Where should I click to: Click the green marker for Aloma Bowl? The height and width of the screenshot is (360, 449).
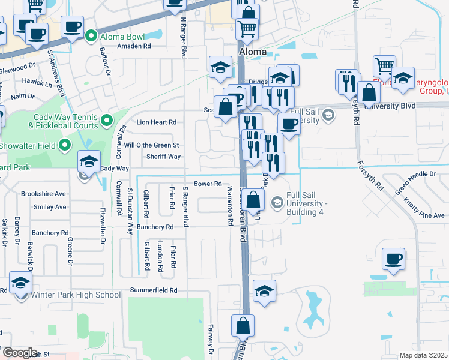(x=91, y=36)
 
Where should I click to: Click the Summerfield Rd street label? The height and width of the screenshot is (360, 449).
(x=154, y=290)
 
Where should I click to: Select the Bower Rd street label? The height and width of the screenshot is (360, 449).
(x=208, y=184)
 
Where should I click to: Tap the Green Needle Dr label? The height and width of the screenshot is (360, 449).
(x=415, y=173)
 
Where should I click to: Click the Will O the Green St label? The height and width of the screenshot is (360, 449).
(x=151, y=145)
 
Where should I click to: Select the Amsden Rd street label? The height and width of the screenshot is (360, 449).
(x=134, y=46)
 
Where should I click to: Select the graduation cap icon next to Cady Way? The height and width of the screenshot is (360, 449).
(x=88, y=161)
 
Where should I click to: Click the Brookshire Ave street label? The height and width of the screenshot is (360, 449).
(x=43, y=194)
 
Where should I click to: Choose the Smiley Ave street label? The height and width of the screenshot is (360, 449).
(x=50, y=207)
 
